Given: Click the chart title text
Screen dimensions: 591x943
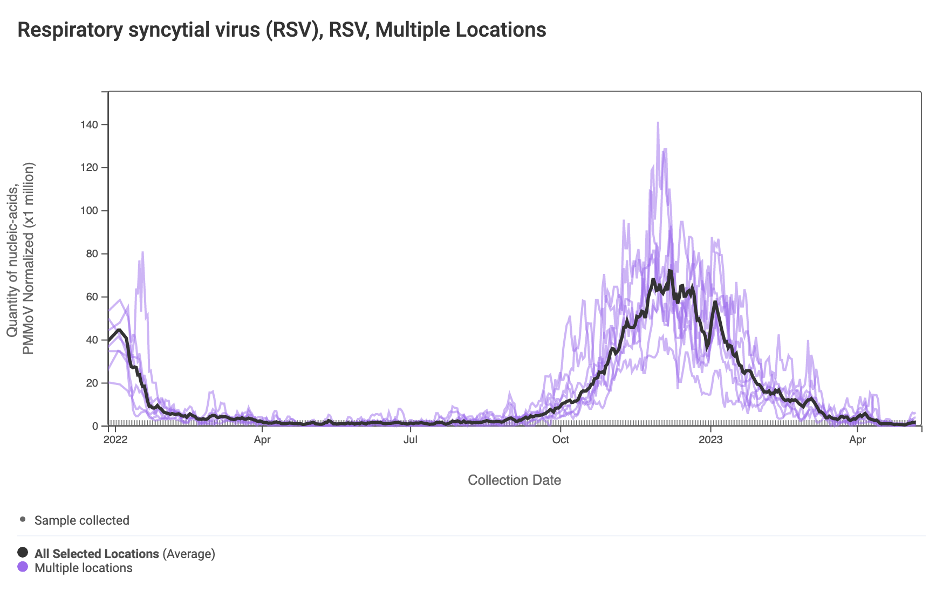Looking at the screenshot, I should pyautogui.click(x=282, y=30).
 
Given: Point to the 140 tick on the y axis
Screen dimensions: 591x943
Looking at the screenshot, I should pyautogui.click(x=90, y=125).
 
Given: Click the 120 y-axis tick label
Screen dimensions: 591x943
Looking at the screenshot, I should pyautogui.click(x=90, y=168).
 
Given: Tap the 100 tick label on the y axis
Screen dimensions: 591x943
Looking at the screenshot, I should pyautogui.click(x=90, y=211).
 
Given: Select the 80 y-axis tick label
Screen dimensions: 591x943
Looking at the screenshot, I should pyautogui.click(x=92, y=254).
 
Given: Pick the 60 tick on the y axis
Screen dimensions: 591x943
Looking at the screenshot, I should pyautogui.click(x=92, y=297).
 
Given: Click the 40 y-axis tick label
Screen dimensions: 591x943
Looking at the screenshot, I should pyautogui.click(x=92, y=340).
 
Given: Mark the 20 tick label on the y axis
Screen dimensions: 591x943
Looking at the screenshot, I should pyautogui.click(x=92, y=383).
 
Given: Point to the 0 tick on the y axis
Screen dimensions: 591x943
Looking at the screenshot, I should pyautogui.click(x=95, y=427).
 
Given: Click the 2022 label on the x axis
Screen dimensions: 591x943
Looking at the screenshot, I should pyautogui.click(x=115, y=439).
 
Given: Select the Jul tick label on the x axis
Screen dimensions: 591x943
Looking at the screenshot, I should pyautogui.click(x=411, y=439).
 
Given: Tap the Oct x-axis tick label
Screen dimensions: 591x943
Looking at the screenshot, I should pyautogui.click(x=561, y=439).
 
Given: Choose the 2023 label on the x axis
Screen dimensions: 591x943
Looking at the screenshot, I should pyautogui.click(x=710, y=439).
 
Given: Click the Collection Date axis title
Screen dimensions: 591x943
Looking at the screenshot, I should pyautogui.click(x=514, y=480).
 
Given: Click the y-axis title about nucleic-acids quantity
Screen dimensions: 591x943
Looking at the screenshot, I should pyautogui.click(x=20, y=259).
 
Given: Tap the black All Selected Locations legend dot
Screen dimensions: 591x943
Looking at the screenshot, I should pyautogui.click(x=23, y=552).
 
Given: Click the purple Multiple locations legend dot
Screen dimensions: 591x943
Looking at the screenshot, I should pyautogui.click(x=23, y=567).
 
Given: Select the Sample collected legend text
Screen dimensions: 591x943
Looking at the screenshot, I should pyautogui.click(x=82, y=520).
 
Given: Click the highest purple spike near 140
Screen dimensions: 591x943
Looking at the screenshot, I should pyautogui.click(x=658, y=123).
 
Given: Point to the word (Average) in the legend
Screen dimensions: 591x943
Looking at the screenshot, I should pyautogui.click(x=189, y=554).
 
